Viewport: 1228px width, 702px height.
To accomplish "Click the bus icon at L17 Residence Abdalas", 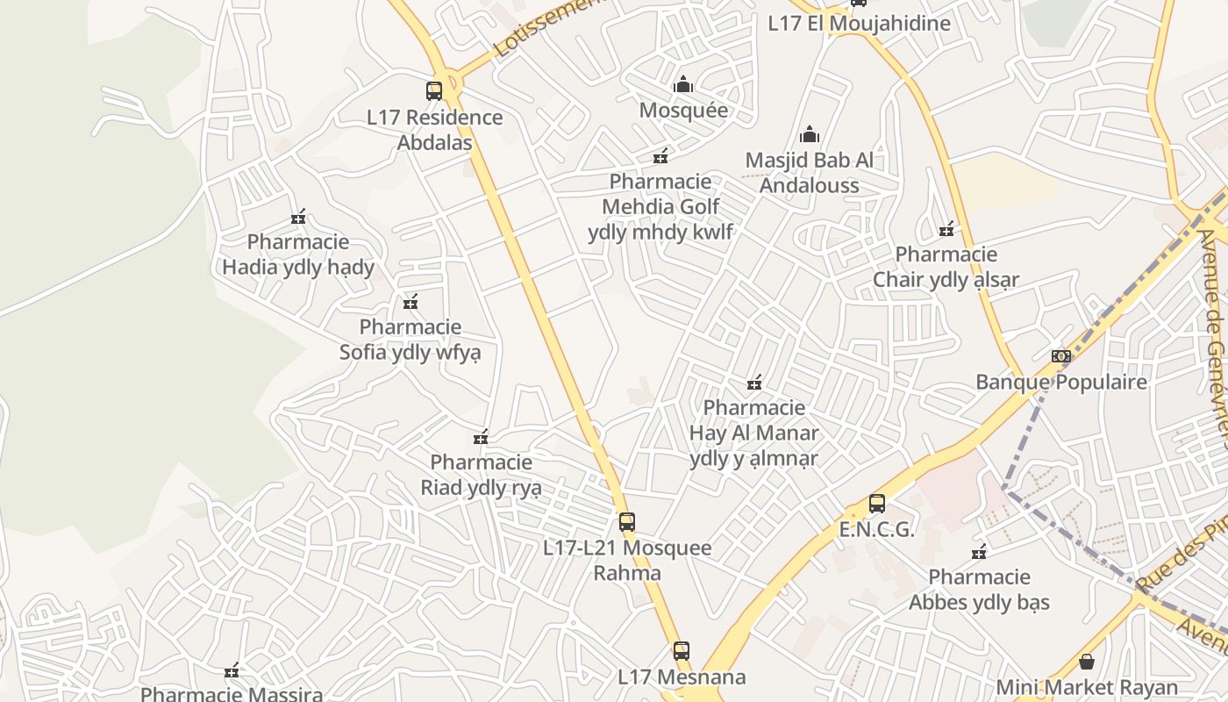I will (x=434, y=90).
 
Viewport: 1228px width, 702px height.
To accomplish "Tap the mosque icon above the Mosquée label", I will (x=683, y=85).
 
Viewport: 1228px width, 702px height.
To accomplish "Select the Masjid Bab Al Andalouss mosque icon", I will (x=809, y=134).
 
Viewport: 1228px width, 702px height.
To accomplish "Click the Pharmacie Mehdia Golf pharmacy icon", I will (x=660, y=156).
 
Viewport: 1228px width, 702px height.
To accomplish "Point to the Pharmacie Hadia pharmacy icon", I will (x=298, y=217).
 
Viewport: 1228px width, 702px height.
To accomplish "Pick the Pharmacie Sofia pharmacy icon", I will (x=410, y=303).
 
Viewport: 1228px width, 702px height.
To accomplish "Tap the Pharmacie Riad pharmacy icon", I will (x=481, y=437).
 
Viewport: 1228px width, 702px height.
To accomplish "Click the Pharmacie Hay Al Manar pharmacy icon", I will (x=753, y=383).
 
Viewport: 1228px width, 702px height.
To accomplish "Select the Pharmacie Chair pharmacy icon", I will (x=946, y=230).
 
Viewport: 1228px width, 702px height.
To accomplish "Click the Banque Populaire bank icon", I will (x=1061, y=356).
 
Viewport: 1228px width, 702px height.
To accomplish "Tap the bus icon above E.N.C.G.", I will (x=876, y=504).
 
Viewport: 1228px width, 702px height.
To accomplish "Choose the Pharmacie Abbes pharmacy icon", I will (x=979, y=552).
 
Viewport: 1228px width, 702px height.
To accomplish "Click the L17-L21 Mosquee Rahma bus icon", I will (x=626, y=522).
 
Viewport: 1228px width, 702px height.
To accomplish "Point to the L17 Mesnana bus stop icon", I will (x=682, y=651).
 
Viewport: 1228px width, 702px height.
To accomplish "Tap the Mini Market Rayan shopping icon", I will (x=1087, y=662).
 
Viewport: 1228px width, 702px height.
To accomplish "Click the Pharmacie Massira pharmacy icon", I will (x=232, y=672).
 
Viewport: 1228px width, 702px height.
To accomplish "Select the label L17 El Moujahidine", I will (x=859, y=23).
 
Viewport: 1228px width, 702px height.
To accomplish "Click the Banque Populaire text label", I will (x=1061, y=383).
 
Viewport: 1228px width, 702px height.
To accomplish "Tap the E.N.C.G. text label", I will (x=876, y=530).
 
